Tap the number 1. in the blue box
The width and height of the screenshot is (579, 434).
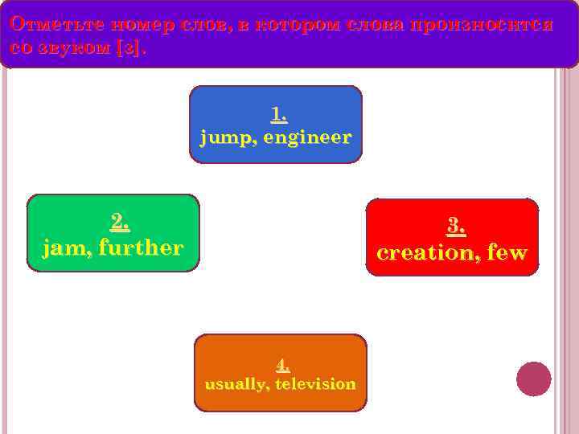pos(279,115)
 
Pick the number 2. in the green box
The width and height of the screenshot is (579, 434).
pos(119,220)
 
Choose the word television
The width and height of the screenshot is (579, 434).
pos(315,384)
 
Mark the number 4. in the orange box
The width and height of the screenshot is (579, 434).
pos(282,365)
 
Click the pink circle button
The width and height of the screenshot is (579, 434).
pos(533,379)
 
